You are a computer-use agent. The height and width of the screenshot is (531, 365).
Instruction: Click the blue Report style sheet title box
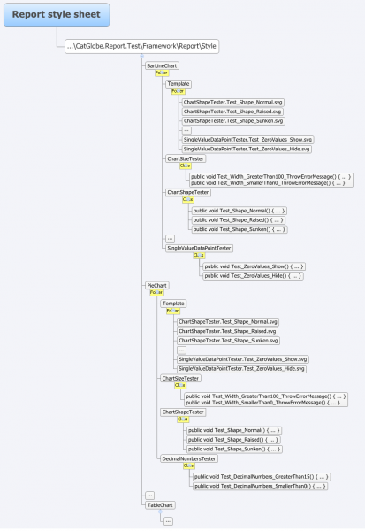[56, 13]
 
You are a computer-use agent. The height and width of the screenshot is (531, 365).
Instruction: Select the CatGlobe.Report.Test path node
[142, 46]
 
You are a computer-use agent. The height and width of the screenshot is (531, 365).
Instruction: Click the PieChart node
[156, 286]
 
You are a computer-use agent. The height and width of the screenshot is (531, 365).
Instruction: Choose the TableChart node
[160, 505]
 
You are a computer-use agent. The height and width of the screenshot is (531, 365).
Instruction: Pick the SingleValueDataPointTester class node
[199, 248]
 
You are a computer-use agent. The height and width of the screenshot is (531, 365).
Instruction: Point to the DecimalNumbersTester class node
[188, 458]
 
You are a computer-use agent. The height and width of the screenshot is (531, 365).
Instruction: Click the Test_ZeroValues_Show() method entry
[253, 265]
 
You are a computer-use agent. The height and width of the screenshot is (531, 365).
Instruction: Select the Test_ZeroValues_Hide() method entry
[253, 276]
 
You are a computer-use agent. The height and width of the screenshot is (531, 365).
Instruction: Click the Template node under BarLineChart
[179, 83]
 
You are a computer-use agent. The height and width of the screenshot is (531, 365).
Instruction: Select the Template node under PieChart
[173, 304]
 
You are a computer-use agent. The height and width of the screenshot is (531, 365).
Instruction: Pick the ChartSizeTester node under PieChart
[179, 378]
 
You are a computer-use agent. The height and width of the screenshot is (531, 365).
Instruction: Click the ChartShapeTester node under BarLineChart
[188, 191]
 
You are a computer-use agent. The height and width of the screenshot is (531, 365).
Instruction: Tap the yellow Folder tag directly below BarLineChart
[162, 73]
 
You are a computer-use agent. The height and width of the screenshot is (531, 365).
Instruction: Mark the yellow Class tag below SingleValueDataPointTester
[198, 256]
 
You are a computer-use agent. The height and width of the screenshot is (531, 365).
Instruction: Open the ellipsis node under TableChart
[168, 521]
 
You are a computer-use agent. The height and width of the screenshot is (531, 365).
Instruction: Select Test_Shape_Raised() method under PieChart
[233, 439]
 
